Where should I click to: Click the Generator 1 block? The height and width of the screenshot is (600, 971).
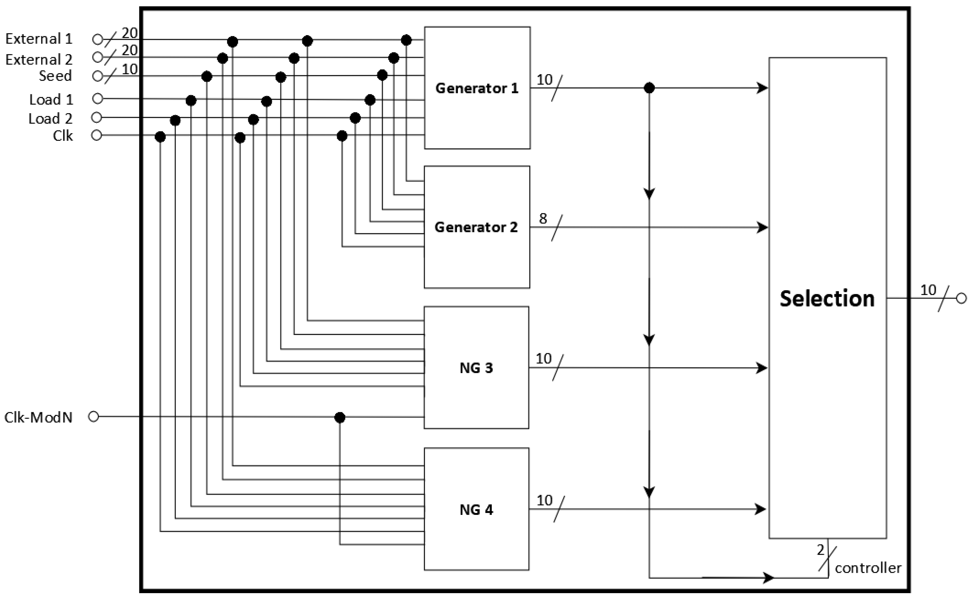[x=477, y=88]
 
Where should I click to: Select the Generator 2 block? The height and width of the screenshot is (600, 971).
[x=476, y=227]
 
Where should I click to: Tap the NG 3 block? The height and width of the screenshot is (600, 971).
[x=476, y=368]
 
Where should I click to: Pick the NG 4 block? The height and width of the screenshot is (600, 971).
[x=476, y=510]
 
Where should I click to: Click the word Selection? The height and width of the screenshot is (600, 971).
[x=827, y=298]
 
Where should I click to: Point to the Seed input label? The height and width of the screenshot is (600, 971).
[x=55, y=76]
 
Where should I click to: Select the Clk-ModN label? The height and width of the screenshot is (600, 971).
[x=38, y=417]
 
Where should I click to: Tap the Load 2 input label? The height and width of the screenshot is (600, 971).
[x=50, y=119]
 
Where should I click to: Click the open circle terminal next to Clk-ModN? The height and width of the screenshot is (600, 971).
[x=93, y=417]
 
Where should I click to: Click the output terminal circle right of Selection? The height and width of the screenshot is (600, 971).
[x=961, y=298]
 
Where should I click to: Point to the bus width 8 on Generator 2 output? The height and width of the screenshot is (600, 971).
[x=543, y=218]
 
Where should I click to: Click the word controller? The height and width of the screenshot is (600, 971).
[x=868, y=568]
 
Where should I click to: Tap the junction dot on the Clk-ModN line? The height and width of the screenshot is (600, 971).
[x=340, y=417]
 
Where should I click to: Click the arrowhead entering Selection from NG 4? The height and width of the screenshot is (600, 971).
[x=760, y=509]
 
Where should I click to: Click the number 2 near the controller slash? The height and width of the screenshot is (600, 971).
[x=821, y=550]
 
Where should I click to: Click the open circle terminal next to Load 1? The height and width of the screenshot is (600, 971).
[x=97, y=98]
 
